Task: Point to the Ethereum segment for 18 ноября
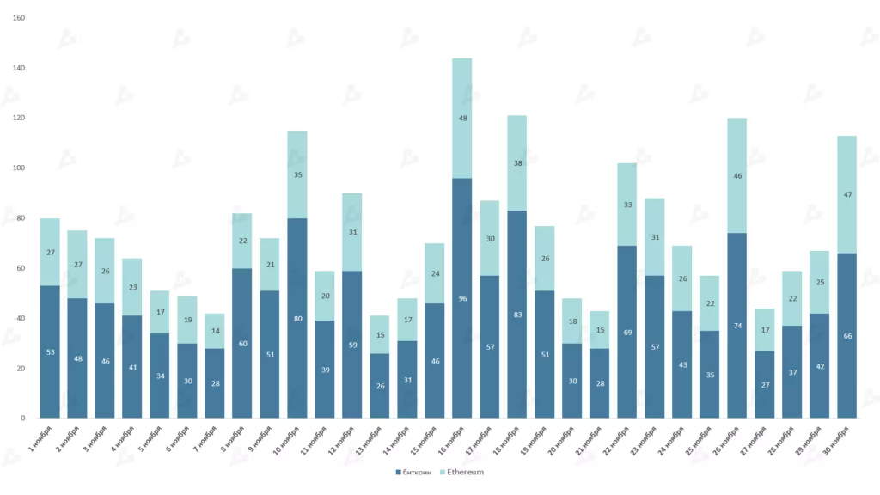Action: [x=517, y=162]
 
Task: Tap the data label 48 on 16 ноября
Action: [x=461, y=118]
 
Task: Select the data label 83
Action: [x=517, y=315]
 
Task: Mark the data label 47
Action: [x=847, y=195]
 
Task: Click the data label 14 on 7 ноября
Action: [x=215, y=331]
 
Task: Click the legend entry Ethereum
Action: [x=465, y=472]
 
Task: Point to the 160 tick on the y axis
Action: [x=19, y=18]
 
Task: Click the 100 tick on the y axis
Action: [x=19, y=168]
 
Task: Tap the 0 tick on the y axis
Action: [x=22, y=419]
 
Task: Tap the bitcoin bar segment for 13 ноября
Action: [x=380, y=386]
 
